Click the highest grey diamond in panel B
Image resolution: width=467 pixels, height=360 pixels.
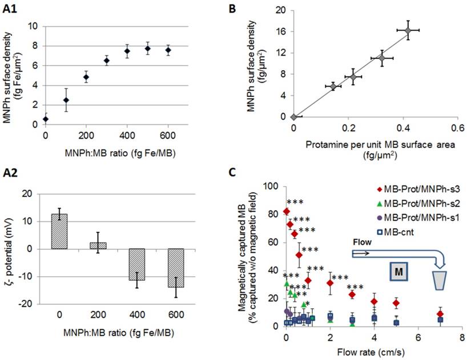pyautogui.click(x=408, y=30)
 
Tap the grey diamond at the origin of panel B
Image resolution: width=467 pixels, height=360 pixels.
pyautogui.click(x=293, y=116)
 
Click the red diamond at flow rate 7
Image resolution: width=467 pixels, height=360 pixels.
pyautogui.click(x=440, y=314)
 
